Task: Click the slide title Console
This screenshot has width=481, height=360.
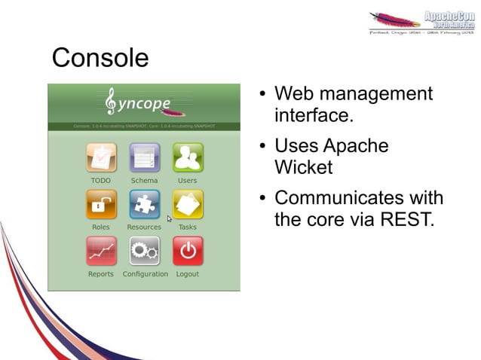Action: click(100, 58)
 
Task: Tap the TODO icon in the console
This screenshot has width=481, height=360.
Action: click(101, 158)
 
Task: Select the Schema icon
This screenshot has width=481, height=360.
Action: click(144, 158)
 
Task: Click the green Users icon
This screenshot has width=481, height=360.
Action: click(188, 158)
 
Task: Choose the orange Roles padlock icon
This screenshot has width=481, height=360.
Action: click(101, 205)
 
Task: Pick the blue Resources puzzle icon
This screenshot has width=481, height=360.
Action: click(144, 205)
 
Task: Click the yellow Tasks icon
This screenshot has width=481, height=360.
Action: click(188, 205)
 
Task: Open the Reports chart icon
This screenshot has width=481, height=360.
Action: click(101, 252)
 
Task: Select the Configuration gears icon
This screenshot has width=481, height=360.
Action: click(145, 252)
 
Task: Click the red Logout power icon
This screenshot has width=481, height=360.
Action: click(188, 252)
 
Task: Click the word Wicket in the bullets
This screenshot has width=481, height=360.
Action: click(303, 167)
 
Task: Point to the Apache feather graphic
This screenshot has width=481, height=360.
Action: click(396, 19)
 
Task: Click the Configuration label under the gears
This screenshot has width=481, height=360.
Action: click(145, 274)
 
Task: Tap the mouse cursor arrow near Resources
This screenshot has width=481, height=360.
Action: click(170, 219)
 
